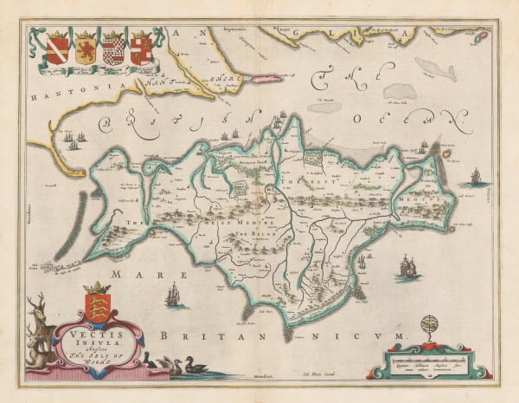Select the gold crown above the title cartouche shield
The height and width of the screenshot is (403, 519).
(x=98, y=288)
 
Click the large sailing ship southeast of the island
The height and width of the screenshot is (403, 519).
(x=406, y=267)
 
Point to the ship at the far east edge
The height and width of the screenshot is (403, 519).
(x=474, y=178)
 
